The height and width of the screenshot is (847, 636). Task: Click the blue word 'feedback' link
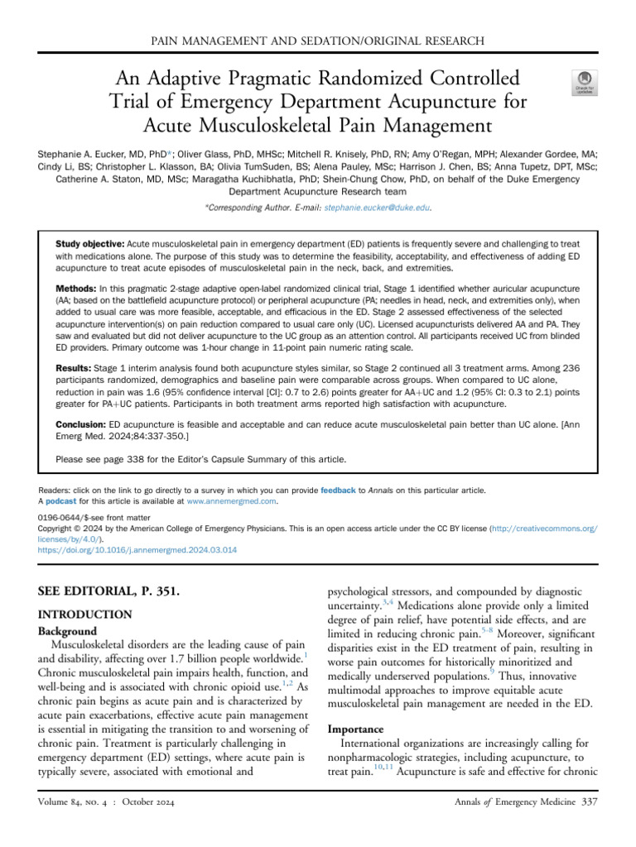click(x=337, y=490)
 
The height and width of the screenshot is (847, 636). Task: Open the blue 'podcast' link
click(x=60, y=501)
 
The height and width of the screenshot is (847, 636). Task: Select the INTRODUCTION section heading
click(x=85, y=615)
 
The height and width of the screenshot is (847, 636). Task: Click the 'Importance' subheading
click(x=356, y=730)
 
